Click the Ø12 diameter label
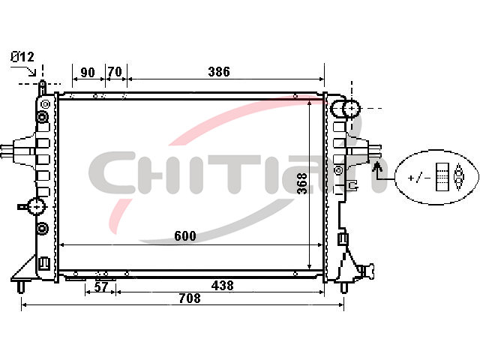click(x=22, y=57)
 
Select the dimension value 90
click(x=88, y=73)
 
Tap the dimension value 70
click(x=115, y=72)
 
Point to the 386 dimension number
click(x=219, y=72)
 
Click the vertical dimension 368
click(x=302, y=183)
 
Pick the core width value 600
click(x=185, y=236)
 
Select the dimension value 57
click(x=101, y=286)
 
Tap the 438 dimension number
click(x=222, y=285)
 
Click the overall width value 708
click(x=190, y=298)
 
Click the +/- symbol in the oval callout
click(x=419, y=178)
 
